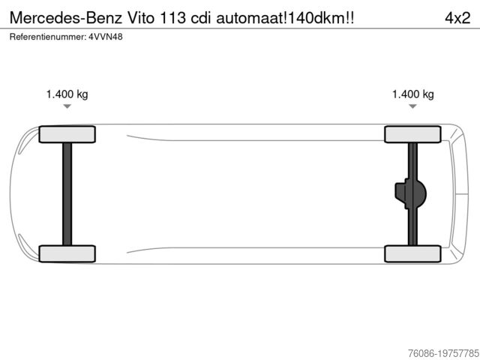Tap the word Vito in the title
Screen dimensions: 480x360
[141, 18]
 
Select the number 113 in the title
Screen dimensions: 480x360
[172, 18]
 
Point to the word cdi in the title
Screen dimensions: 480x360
[201, 18]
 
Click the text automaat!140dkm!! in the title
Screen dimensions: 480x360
[285, 18]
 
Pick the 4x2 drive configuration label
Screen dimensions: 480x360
[457, 18]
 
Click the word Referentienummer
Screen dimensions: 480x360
[48, 37]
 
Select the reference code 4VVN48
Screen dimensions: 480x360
[106, 37]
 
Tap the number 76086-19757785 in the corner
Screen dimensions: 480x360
[443, 353]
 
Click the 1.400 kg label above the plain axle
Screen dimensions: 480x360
[67, 94]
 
